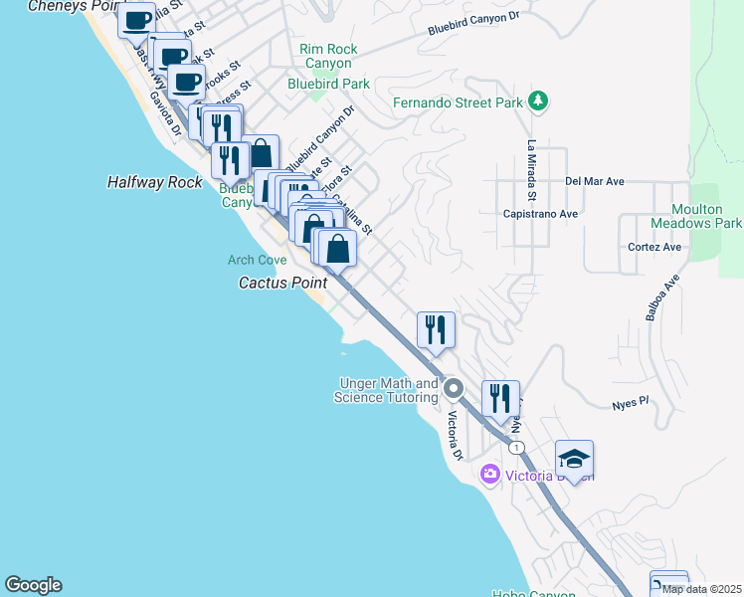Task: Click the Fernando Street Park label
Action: click(x=458, y=102)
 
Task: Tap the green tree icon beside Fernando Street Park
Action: click(x=538, y=100)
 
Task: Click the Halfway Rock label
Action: click(x=154, y=182)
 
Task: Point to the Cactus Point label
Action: click(x=282, y=283)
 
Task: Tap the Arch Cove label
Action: click(x=257, y=261)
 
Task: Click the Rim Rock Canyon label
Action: click(x=328, y=56)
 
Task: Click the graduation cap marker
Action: click(x=574, y=459)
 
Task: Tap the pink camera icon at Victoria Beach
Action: click(x=489, y=474)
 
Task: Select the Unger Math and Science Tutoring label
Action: click(x=388, y=390)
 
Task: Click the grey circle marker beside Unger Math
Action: click(x=454, y=387)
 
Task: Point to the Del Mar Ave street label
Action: click(x=594, y=181)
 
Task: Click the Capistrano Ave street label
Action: click(x=540, y=213)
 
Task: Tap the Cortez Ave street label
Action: click(x=654, y=247)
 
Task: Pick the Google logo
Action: click(x=33, y=585)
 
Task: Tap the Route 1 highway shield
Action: click(x=516, y=449)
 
